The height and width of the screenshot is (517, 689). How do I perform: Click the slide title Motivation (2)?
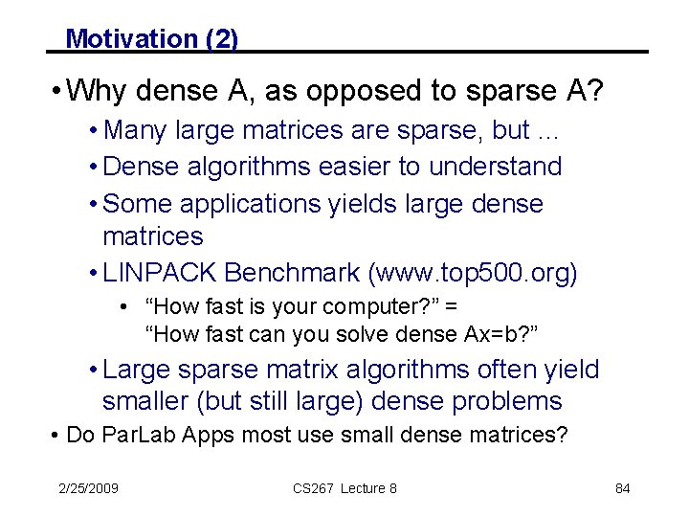pyautogui.click(x=151, y=38)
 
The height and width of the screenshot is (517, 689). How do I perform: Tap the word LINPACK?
pyautogui.click(x=160, y=273)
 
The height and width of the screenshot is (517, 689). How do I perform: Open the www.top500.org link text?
pyautogui.click(x=474, y=273)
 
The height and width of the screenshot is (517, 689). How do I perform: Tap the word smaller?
pyautogui.click(x=154, y=400)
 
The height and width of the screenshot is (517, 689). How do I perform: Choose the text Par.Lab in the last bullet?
pyautogui.click(x=132, y=436)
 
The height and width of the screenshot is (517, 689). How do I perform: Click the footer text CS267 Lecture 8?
pyautogui.click(x=344, y=488)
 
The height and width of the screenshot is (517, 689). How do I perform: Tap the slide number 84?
pyautogui.click(x=623, y=488)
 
